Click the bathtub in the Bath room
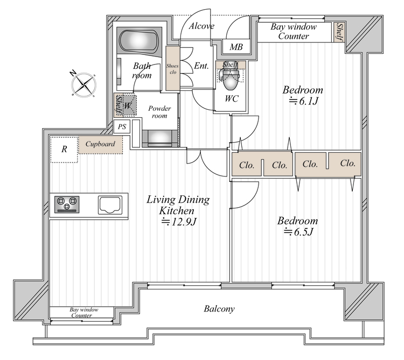(139, 41)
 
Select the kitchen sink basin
(110, 205)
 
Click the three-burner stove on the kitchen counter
(67, 204)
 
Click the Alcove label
(201, 26)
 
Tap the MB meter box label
(236, 47)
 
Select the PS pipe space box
(122, 126)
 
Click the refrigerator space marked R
(64, 149)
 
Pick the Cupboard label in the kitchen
(100, 144)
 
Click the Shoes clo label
(172, 69)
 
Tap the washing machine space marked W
(128, 105)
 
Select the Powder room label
(159, 112)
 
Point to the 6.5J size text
(298, 232)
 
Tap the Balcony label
(219, 308)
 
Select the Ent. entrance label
(201, 66)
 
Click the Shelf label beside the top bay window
(339, 32)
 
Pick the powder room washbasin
(160, 138)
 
